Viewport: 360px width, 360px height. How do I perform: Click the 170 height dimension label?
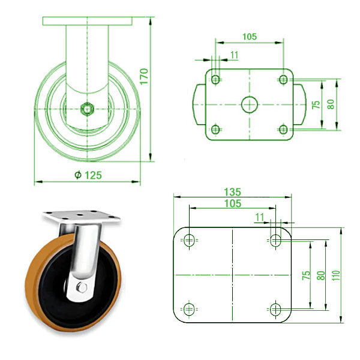[143, 78]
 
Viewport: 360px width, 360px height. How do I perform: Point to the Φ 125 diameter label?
[88, 175]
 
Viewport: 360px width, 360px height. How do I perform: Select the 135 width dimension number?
[232, 192]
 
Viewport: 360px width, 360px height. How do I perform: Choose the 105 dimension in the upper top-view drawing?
[250, 37]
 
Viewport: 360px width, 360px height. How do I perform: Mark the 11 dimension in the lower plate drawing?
[260, 216]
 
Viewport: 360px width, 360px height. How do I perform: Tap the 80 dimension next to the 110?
[322, 275]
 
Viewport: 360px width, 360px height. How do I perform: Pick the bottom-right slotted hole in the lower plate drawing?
[275, 309]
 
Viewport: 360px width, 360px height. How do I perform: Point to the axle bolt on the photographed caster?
[82, 288]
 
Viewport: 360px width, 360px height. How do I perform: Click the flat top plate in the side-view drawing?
[88, 21]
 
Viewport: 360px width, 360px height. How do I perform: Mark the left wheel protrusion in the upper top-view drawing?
[199, 104]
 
